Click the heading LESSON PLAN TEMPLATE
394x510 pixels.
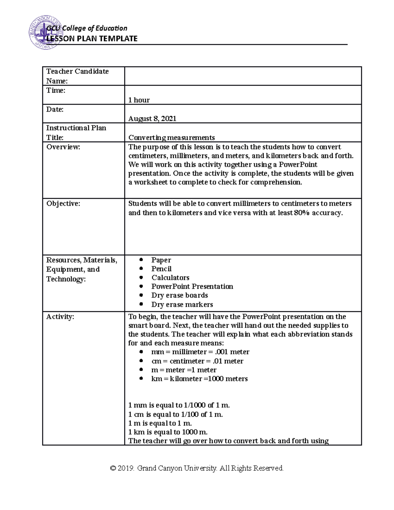(x=92, y=39)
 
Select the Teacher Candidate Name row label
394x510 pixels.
(x=77, y=76)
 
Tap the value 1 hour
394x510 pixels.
(x=139, y=100)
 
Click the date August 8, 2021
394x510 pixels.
(x=152, y=119)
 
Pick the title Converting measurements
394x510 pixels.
(x=171, y=138)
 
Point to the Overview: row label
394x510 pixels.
(x=63, y=147)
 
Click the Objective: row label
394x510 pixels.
(x=63, y=204)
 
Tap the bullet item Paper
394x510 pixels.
(x=161, y=260)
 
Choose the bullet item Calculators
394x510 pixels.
(x=170, y=278)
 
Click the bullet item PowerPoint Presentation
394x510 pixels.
(x=192, y=287)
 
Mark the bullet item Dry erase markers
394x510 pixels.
(x=182, y=305)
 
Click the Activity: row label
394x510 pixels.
(x=60, y=317)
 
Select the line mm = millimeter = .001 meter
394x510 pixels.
(x=200, y=352)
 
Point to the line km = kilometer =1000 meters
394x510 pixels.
(x=199, y=379)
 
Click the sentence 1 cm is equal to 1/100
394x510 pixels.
(x=175, y=414)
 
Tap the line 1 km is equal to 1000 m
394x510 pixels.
(x=168, y=432)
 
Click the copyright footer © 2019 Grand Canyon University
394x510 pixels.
(x=197, y=468)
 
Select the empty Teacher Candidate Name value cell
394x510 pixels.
(x=243, y=76)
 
